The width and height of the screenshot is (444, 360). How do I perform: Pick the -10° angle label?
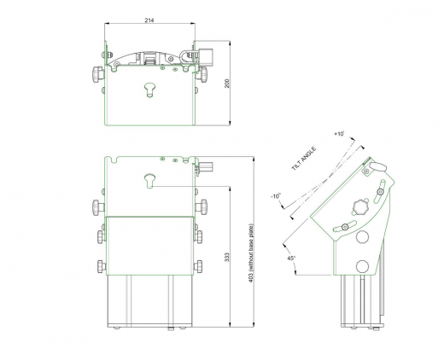point(275,196)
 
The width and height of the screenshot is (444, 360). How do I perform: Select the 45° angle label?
point(290,258)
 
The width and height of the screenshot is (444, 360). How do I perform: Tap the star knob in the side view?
point(360,206)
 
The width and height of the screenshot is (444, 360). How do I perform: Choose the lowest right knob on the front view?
point(200,262)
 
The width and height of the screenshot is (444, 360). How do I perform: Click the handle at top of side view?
point(377,165)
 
